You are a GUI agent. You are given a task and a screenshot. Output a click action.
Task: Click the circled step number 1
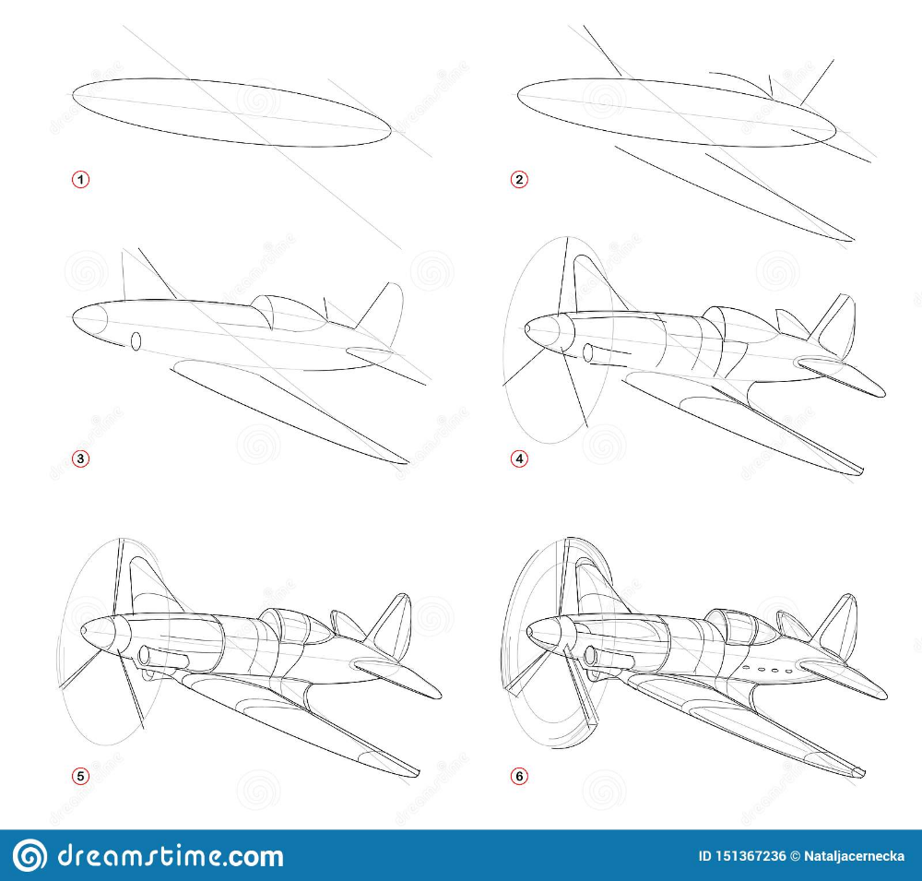click(80, 180)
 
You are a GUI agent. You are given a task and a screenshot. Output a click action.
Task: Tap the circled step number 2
click(518, 180)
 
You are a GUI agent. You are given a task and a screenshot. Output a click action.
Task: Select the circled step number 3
click(80, 458)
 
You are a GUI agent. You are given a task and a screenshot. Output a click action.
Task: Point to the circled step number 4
click(518, 458)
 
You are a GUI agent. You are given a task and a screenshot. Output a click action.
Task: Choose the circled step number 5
click(80, 776)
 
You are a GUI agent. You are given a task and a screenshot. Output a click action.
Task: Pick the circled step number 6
click(518, 776)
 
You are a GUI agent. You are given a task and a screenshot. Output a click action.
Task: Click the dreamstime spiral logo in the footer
click(30, 854)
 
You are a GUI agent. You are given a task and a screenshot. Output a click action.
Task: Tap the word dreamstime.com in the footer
click(171, 856)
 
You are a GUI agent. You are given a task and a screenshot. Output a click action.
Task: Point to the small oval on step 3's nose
click(136, 341)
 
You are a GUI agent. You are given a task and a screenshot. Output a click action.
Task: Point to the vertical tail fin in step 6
click(835, 625)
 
